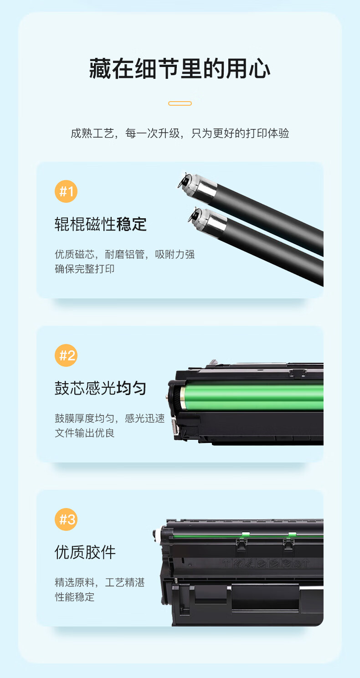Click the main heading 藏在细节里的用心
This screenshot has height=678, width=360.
(180, 69)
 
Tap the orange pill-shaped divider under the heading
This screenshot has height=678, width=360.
(180, 103)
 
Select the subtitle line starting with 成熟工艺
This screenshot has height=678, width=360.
(180, 133)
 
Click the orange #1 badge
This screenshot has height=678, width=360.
(66, 191)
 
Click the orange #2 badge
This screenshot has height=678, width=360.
(66, 355)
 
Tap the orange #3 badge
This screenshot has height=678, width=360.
(66, 519)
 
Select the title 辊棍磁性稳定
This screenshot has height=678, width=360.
(101, 224)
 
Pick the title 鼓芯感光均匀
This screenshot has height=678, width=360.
(101, 388)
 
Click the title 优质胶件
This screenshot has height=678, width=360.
(85, 552)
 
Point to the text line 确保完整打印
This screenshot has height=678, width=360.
(84, 269)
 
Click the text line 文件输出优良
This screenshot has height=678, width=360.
(84, 433)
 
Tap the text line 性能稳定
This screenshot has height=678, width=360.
(74, 597)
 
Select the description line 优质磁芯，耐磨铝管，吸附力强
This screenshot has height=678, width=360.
(125, 254)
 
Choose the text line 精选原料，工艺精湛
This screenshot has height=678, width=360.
(100, 582)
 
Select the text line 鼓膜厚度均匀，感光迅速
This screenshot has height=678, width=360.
(110, 418)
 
